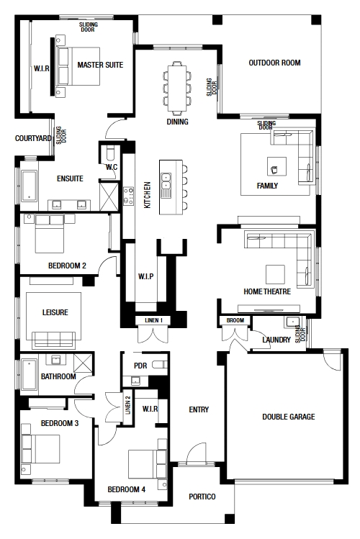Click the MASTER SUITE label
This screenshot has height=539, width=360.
(100, 65)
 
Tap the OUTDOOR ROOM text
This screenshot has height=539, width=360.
(274, 63)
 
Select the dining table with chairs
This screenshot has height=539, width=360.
(177, 88)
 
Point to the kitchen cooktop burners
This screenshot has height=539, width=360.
(129, 196)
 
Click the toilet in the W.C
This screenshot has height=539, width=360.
(110, 153)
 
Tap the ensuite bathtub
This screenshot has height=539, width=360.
(30, 186)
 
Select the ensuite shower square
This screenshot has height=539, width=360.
(109, 196)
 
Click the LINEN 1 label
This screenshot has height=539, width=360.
(153, 320)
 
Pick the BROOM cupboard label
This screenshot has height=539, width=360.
(235, 320)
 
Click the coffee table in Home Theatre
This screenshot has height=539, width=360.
(275, 274)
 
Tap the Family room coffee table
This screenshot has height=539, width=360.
(276, 167)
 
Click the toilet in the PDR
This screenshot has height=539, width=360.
(160, 364)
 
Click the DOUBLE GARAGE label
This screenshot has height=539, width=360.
(289, 417)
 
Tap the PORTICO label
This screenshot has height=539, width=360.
(202, 497)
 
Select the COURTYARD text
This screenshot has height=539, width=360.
(33, 138)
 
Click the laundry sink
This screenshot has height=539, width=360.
(292, 322)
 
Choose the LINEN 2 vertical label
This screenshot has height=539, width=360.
(128, 405)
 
